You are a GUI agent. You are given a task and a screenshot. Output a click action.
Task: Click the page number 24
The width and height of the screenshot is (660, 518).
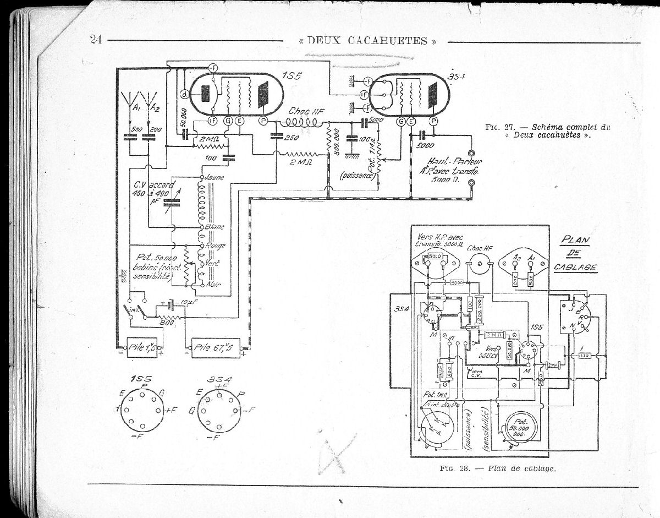(96, 39)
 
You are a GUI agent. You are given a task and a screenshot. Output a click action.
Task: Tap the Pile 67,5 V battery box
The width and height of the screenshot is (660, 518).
(215, 347)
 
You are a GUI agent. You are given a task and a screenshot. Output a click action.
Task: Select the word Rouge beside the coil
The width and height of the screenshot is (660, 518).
(215, 246)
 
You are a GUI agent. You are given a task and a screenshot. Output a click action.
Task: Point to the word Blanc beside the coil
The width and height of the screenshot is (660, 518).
(214, 227)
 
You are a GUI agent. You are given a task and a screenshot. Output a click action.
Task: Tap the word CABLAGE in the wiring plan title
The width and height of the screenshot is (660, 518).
(576, 267)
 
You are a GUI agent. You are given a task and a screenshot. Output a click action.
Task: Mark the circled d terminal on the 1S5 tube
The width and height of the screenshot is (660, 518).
(185, 95)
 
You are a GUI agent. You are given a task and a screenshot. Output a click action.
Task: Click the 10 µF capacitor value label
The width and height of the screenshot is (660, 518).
(186, 302)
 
